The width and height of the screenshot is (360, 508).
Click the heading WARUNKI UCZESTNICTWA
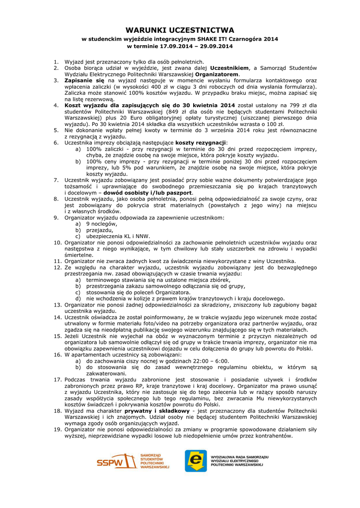coord(180,30)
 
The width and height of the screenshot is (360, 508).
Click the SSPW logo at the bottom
coord(133,460)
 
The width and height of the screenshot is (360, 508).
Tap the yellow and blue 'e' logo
coord(196,460)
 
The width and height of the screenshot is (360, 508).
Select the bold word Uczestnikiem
coord(229,67)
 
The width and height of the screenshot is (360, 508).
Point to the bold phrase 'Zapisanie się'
coord(84,80)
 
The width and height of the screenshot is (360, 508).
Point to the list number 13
coord(58,305)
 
